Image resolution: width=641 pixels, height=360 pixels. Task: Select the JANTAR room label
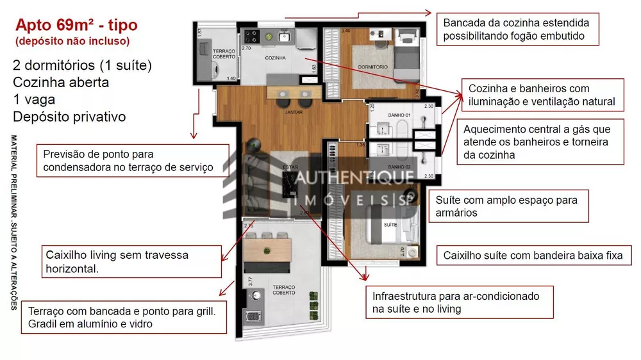(293, 111)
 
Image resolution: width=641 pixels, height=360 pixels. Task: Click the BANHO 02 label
(399, 167)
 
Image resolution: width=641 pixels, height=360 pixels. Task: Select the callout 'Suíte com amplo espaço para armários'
(506, 206)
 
